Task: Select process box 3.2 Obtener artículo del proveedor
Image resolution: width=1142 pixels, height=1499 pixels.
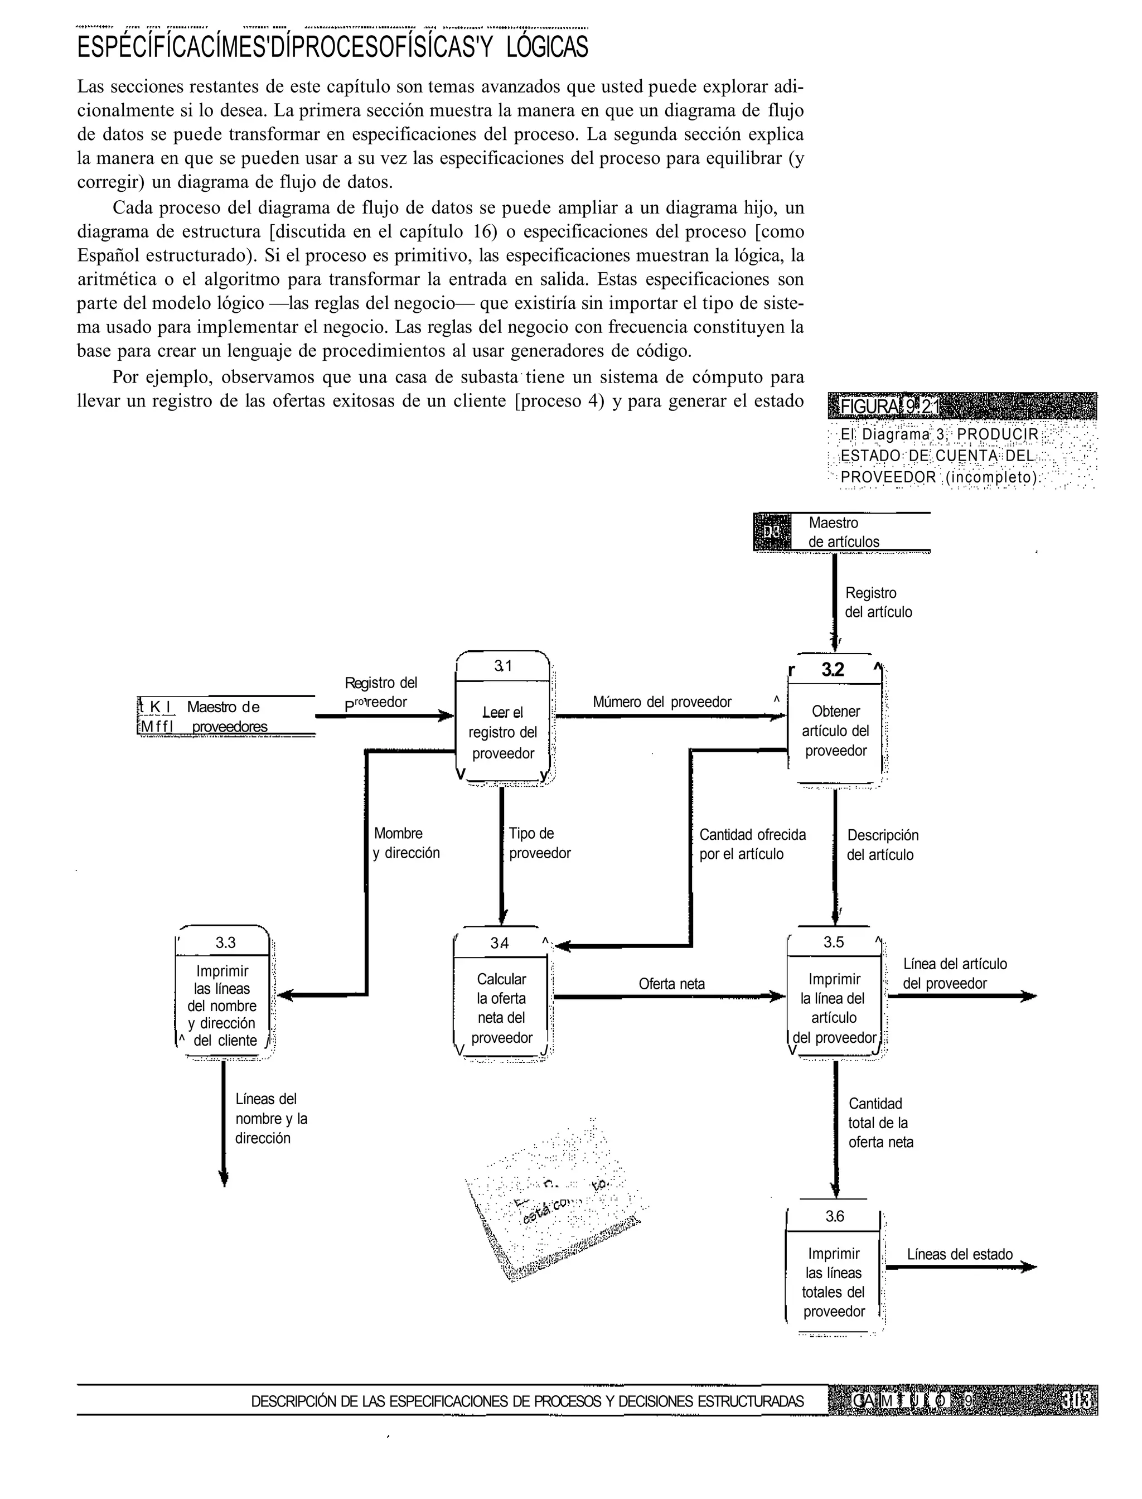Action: (x=835, y=731)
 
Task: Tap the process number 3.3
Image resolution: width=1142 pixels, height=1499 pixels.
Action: (x=225, y=942)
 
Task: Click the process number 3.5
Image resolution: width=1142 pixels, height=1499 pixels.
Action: (x=834, y=942)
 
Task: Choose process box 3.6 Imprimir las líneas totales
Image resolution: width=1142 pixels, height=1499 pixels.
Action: (x=834, y=1282)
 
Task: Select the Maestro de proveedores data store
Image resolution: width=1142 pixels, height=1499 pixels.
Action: (x=226, y=717)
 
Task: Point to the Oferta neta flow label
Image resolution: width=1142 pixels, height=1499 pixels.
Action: (x=671, y=984)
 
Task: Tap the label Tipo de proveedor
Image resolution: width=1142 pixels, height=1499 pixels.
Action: (x=539, y=843)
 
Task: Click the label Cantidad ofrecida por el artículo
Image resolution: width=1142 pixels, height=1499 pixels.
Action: (x=752, y=844)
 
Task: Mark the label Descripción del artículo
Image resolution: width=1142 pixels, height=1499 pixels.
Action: (x=882, y=845)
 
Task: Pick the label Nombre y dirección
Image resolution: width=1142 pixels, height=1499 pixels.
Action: (x=406, y=843)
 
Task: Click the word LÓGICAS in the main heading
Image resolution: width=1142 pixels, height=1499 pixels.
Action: (x=546, y=47)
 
